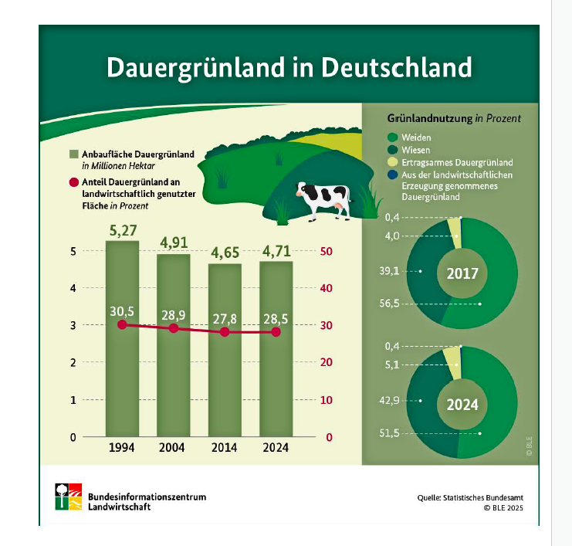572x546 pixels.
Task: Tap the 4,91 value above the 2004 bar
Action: pos(174,242)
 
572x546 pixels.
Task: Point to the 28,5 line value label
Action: pos(276,317)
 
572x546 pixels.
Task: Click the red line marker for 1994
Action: pos(122,325)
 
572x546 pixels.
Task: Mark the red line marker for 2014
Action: pos(225,332)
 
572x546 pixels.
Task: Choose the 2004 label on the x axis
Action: pos(174,448)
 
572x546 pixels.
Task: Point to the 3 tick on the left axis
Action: pos(73,326)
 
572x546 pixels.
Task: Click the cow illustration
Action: pos(324,201)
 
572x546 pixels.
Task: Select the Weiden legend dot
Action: pos(391,137)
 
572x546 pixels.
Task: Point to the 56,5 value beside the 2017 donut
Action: pos(391,304)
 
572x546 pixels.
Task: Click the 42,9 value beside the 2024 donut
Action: pos(391,401)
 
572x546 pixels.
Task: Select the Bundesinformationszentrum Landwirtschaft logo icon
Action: pos(69,497)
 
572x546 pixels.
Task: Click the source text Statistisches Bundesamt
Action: pos(484,497)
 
